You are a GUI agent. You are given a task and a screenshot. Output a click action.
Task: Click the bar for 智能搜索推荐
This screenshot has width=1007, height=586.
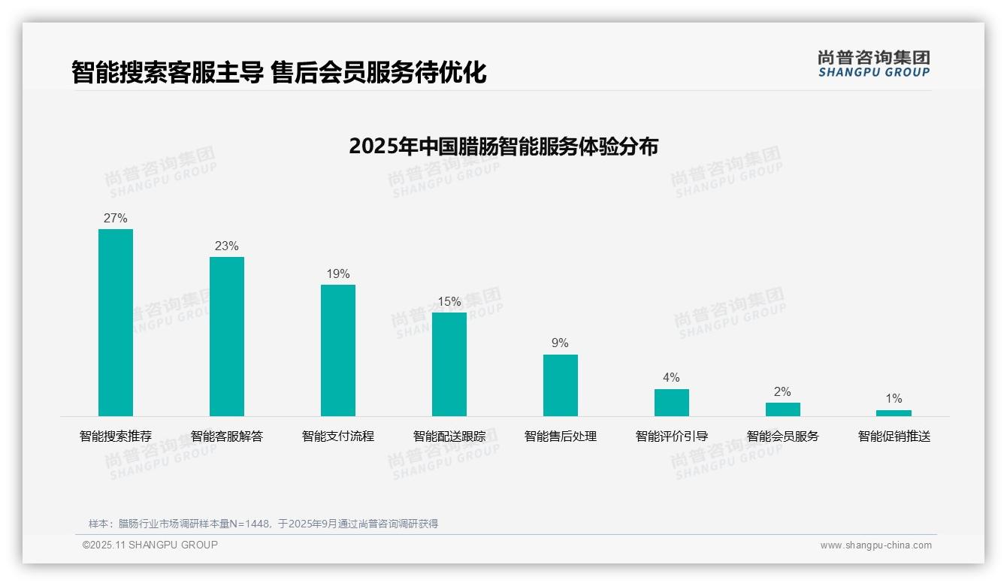click(116, 322)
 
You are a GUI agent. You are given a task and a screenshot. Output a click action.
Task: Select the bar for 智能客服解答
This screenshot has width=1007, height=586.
click(227, 337)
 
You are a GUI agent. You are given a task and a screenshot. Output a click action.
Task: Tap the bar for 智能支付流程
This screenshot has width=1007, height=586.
click(338, 350)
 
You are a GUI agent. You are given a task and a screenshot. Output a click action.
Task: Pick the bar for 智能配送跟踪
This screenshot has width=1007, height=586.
click(449, 364)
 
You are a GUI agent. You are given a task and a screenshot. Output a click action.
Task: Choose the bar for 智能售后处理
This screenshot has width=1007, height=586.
click(561, 385)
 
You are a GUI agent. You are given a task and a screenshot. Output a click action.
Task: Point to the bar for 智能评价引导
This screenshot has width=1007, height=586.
click(672, 403)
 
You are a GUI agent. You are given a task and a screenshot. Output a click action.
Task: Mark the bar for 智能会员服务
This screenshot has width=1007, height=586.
click(783, 409)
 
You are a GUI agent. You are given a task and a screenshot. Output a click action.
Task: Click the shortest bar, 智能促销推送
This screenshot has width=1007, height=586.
click(894, 413)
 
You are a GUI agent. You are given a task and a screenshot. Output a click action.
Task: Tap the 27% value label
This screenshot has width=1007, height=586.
click(116, 219)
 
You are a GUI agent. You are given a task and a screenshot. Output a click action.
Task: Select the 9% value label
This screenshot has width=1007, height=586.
click(561, 343)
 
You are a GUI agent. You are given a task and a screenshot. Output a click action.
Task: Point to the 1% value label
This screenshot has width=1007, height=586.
click(894, 399)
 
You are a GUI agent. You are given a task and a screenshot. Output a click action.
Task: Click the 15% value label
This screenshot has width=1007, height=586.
click(449, 302)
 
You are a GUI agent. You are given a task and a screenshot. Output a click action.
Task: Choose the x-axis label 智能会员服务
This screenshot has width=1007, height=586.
click(783, 436)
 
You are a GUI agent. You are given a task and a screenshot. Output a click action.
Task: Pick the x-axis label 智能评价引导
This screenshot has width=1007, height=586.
click(672, 436)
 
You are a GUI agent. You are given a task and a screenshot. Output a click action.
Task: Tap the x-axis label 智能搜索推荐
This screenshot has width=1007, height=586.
click(116, 436)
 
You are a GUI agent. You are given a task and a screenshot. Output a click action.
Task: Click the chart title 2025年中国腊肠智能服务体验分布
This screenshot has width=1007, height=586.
click(503, 146)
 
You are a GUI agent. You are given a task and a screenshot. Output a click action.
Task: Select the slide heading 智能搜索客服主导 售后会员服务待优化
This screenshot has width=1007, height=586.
click(279, 73)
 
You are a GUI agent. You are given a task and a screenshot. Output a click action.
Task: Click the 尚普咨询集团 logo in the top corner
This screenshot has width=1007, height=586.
click(874, 63)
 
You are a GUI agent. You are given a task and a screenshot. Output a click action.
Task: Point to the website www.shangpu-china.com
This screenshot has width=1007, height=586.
click(875, 545)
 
